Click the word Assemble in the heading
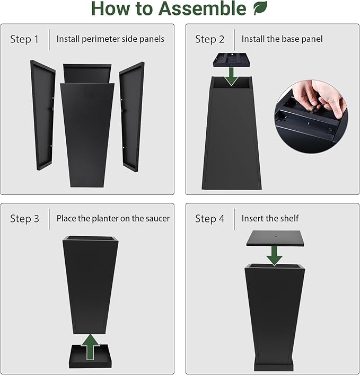tap(202, 8)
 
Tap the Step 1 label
tap(24, 39)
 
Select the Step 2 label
tap(209, 39)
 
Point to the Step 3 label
tap(24, 219)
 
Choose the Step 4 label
tap(209, 219)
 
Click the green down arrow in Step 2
tap(231, 76)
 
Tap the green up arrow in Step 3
tap(90, 347)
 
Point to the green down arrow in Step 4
tap(274, 256)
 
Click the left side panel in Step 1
tap(43, 115)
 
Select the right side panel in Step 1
tap(132, 117)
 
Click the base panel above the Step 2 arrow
tap(232, 60)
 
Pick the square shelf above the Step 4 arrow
tap(276, 238)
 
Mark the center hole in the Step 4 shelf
tap(276, 236)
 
